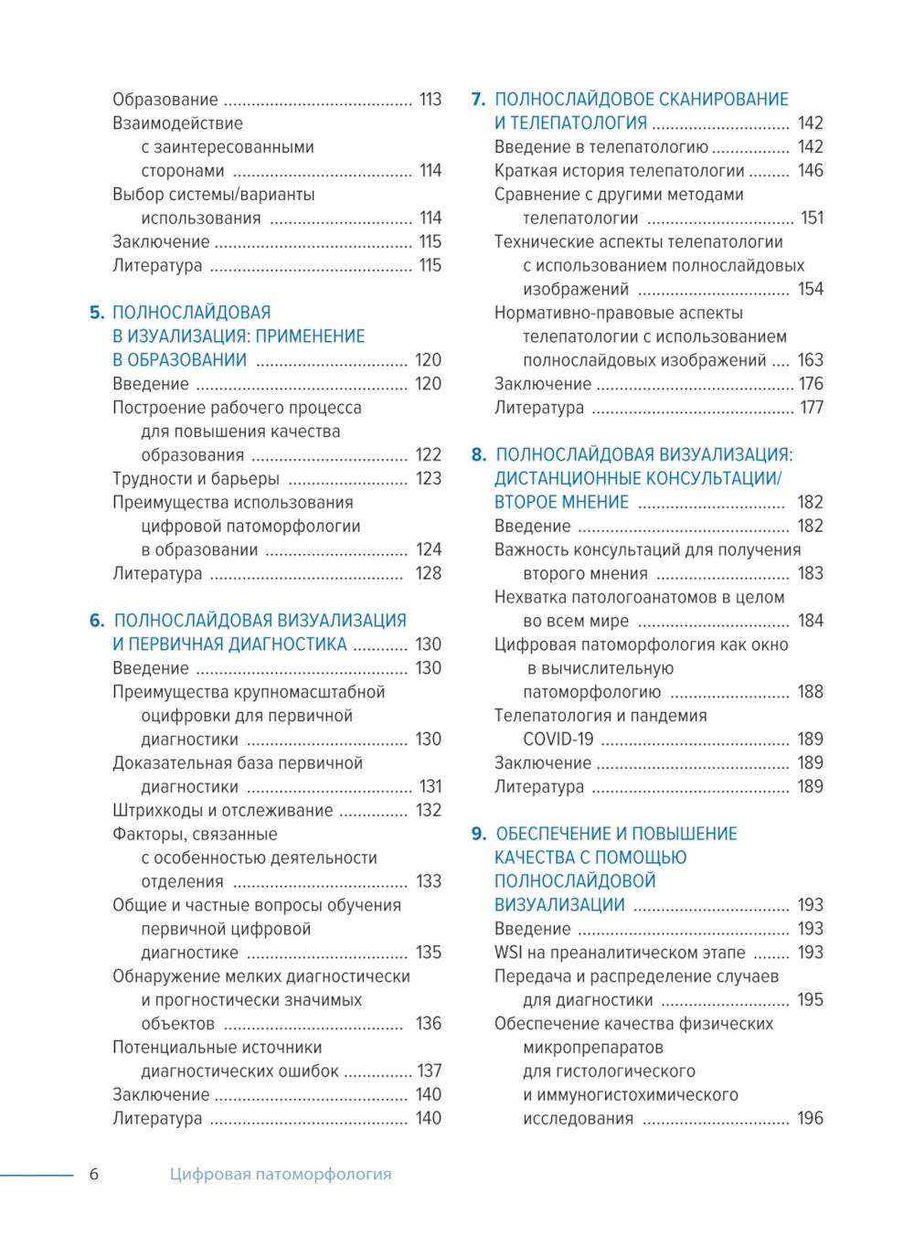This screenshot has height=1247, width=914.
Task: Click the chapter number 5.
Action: [97, 313]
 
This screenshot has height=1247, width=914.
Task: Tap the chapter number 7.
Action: [478, 99]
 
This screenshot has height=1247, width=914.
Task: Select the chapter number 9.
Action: [478, 834]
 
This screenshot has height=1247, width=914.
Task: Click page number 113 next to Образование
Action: [430, 99]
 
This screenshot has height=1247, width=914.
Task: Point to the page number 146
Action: [810, 170]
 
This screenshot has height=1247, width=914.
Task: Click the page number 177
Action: [811, 408]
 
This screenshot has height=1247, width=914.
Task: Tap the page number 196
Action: [810, 1118]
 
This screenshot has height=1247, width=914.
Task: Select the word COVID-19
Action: [558, 739]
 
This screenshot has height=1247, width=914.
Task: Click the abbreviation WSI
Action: [509, 953]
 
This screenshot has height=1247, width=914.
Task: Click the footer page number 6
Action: [93, 1174]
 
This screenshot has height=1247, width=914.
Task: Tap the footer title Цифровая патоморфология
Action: [280, 1174]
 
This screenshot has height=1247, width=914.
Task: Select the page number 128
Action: [428, 573]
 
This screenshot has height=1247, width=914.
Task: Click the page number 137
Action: [429, 1071]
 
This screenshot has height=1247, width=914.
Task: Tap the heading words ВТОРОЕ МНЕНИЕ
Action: [561, 502]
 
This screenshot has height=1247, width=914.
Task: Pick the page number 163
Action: [810, 360]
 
